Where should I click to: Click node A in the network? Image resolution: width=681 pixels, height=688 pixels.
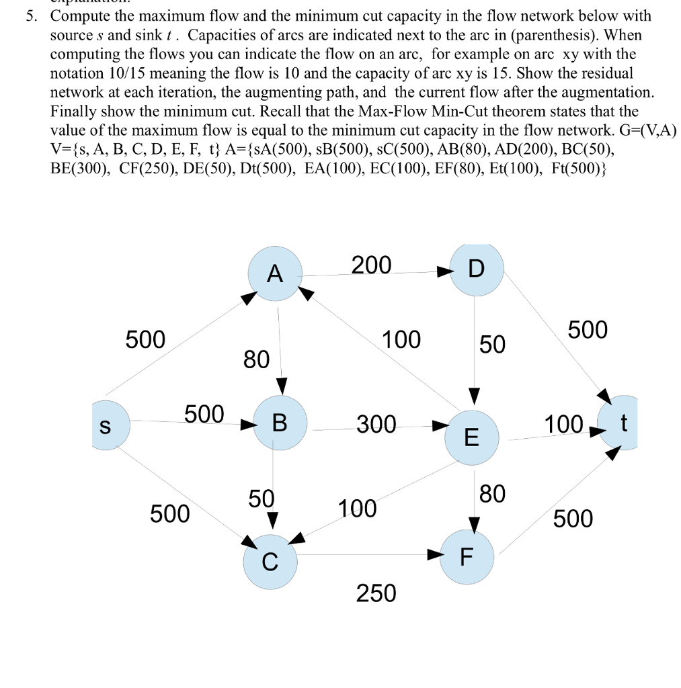(274, 273)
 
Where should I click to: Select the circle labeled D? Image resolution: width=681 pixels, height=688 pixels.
(475, 269)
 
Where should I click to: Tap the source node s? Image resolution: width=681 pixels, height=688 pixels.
(107, 423)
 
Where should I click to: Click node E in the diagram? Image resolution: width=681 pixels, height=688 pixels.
(472, 437)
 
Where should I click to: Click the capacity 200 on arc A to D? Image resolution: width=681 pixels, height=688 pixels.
(371, 266)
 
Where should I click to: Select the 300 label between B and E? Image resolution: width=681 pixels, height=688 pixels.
(376, 425)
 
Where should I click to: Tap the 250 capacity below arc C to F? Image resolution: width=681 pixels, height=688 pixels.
(376, 593)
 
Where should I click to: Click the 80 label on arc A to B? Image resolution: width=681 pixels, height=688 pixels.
(256, 359)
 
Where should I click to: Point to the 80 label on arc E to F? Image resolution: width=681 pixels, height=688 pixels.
(492, 494)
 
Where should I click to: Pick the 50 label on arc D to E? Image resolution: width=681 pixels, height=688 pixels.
(492, 345)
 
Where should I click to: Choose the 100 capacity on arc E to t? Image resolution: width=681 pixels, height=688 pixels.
(563, 425)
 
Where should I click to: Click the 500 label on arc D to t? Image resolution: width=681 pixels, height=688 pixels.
(588, 330)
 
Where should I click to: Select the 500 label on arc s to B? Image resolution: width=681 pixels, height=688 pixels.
(204, 414)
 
